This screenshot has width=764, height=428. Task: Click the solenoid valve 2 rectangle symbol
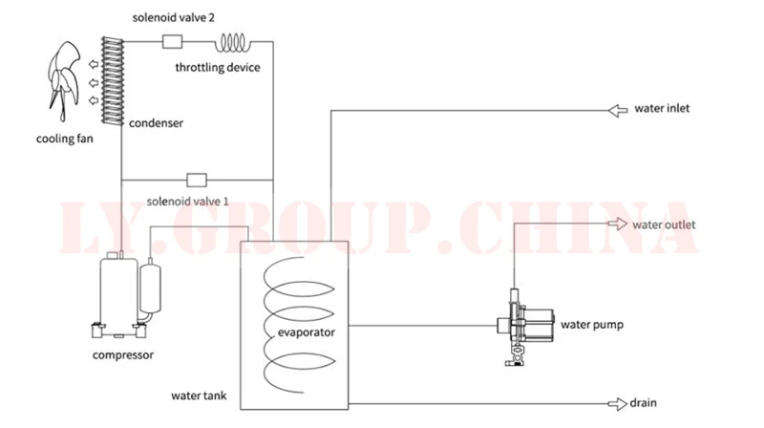coord(173,41)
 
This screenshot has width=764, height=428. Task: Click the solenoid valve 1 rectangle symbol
coord(197,179)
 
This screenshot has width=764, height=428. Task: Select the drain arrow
coord(616,403)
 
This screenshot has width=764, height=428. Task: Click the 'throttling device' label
coord(218,67)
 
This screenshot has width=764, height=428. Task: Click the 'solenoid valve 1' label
coord(188,202)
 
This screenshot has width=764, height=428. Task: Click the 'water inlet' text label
coord(662,109)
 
